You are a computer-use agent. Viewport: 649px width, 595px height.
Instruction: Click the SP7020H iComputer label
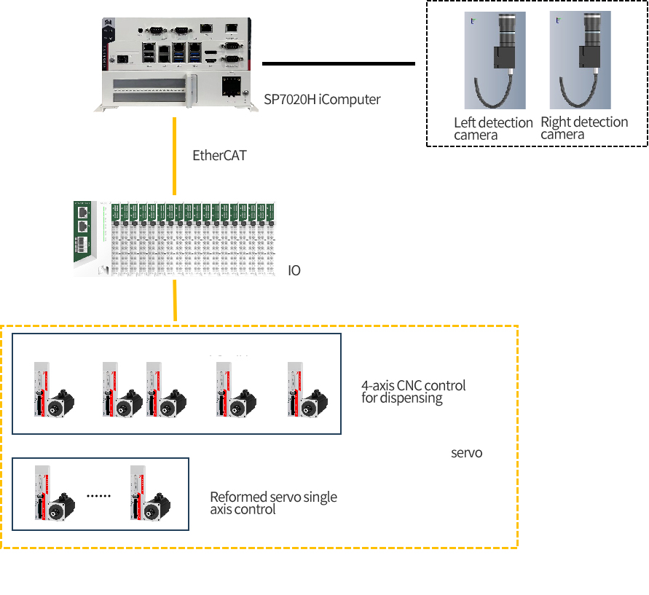pyautogui.click(x=322, y=99)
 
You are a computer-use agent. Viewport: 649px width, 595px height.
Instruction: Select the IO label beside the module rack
pyautogui.click(x=294, y=271)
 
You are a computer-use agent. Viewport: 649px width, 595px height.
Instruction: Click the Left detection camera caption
pyautogui.click(x=493, y=128)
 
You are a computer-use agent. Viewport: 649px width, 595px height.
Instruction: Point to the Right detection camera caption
pyautogui.click(x=584, y=127)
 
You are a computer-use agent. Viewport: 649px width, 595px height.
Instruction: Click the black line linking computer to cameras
pyautogui.click(x=338, y=63)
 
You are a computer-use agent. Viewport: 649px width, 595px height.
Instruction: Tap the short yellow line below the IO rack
pyautogui.click(x=175, y=300)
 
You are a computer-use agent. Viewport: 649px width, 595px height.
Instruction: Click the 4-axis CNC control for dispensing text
pyautogui.click(x=413, y=392)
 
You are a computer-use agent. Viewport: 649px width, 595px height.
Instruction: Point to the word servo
pyautogui.click(x=467, y=453)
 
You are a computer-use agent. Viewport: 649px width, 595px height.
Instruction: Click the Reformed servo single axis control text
pyautogui.click(x=273, y=503)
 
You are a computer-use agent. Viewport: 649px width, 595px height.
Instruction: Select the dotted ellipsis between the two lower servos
pyautogui.click(x=98, y=495)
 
